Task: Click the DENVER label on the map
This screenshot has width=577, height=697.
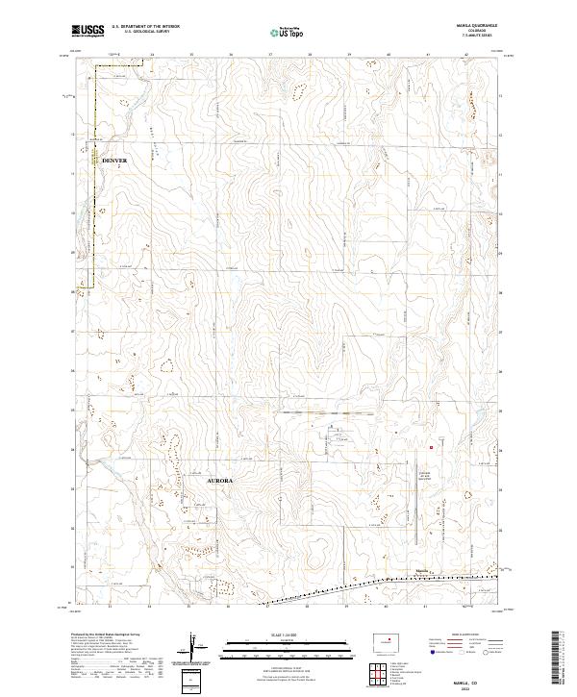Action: click(113, 161)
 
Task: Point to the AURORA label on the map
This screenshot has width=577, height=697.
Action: click(221, 478)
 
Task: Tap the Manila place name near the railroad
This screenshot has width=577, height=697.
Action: click(421, 570)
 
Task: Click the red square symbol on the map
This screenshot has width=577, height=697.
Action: click(432, 446)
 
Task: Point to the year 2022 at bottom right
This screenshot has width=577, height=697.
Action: click(478, 687)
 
